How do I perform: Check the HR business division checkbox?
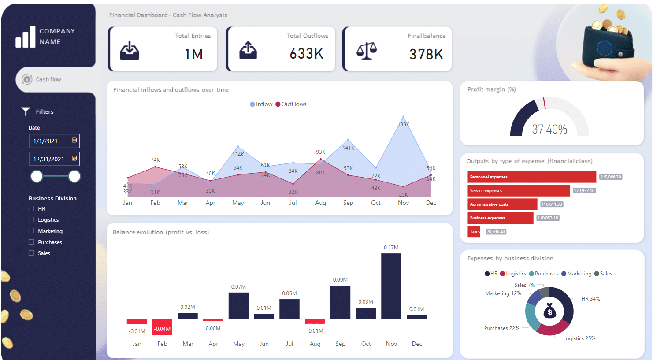tap(31, 208)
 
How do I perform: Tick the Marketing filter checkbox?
tap(31, 230)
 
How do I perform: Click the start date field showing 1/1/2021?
tap(48, 141)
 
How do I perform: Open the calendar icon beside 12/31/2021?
tap(74, 158)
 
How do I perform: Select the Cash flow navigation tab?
tap(48, 79)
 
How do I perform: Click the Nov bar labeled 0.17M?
tap(391, 286)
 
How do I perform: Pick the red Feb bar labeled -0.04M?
tap(162, 327)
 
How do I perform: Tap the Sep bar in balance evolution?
tap(340, 302)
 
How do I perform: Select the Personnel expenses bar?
tap(531, 177)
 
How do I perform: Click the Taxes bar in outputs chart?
tap(474, 232)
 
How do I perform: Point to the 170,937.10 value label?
tap(584, 191)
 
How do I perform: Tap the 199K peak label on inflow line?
tap(403, 125)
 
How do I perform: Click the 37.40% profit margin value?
tap(549, 129)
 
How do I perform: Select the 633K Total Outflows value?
tap(306, 54)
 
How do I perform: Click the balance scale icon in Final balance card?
tap(367, 51)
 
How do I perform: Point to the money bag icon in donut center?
tap(549, 311)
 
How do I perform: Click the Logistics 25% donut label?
tap(579, 338)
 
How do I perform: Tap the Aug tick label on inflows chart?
tap(320, 203)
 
